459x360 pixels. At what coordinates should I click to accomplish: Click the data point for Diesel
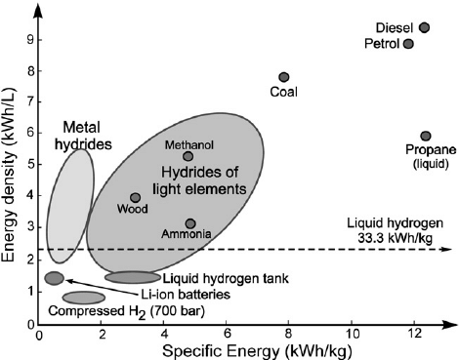tap(424, 27)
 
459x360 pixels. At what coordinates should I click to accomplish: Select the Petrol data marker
tap(408, 44)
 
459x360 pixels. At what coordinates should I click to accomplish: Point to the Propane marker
tap(426, 137)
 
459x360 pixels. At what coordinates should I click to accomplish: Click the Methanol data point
tap(188, 156)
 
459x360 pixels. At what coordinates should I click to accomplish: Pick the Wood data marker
tap(136, 198)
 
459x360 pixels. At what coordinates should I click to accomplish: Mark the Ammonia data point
tap(190, 224)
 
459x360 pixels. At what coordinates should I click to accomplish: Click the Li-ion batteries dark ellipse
tap(54, 278)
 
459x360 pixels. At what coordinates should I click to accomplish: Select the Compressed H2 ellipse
tap(83, 298)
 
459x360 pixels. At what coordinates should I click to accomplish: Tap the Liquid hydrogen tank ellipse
tap(133, 278)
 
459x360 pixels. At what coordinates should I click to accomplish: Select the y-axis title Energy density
tap(11, 175)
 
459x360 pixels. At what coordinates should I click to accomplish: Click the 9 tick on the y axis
tap(30, 40)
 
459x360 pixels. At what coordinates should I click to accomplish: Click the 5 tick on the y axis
tap(30, 164)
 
